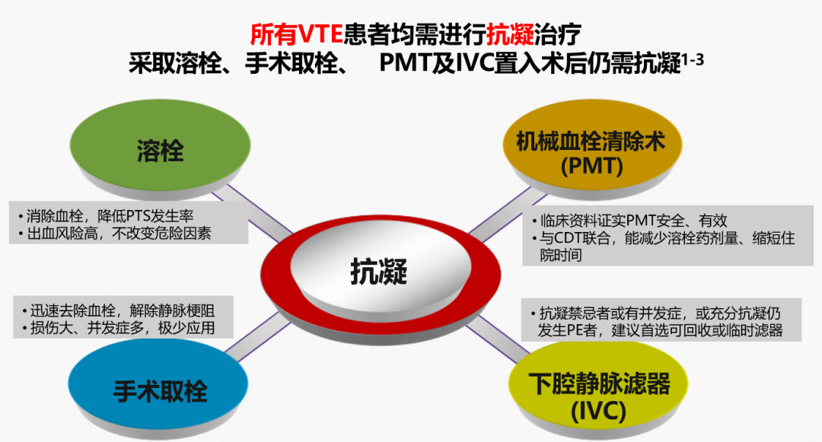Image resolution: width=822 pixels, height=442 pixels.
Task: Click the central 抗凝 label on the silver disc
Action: [379, 272]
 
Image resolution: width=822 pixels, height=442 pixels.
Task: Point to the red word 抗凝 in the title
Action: [510, 35]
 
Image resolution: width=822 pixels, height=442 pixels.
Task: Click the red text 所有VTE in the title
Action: [296, 35]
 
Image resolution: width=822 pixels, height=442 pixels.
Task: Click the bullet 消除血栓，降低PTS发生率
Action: [107, 216]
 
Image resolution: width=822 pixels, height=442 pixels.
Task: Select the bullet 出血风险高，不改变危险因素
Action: [115, 233]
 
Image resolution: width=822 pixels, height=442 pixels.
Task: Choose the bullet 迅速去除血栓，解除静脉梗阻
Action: [119, 310]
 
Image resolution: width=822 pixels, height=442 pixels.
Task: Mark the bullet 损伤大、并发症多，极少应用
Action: [119, 328]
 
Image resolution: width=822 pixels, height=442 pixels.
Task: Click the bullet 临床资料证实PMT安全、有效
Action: [629, 221]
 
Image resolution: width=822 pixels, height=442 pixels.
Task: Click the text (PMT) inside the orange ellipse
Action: [592, 167]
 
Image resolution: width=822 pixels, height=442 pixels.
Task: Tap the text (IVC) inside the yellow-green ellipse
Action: [598, 410]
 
